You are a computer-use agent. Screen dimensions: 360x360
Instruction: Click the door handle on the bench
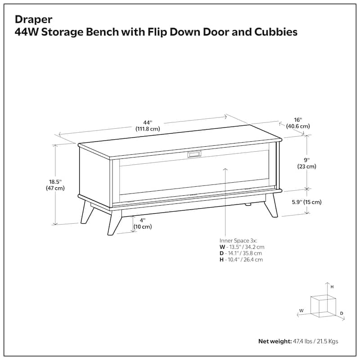(194, 154)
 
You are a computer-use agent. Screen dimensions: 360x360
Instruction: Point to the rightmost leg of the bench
(271, 207)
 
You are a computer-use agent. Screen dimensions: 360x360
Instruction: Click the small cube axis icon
(324, 305)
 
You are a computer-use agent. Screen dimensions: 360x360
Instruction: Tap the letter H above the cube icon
(332, 286)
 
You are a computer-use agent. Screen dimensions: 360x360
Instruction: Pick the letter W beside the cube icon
(301, 310)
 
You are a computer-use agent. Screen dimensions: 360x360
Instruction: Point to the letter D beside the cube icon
(342, 313)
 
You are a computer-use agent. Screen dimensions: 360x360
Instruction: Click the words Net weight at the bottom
(274, 342)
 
